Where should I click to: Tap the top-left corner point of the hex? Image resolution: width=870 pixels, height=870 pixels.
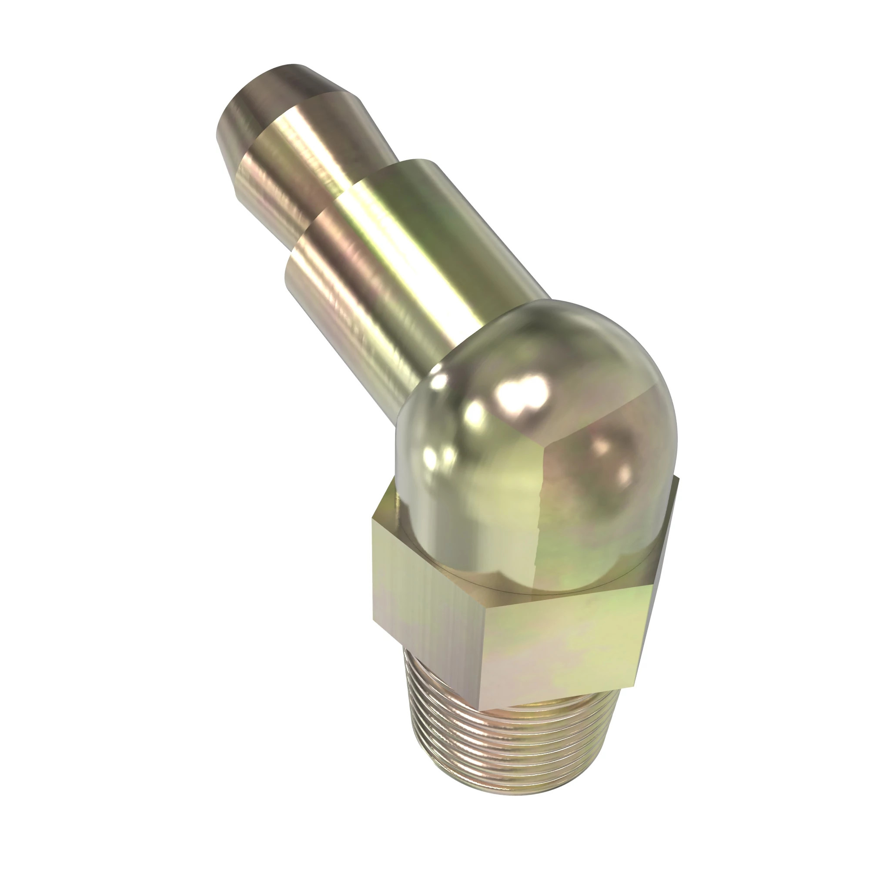(373, 519)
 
